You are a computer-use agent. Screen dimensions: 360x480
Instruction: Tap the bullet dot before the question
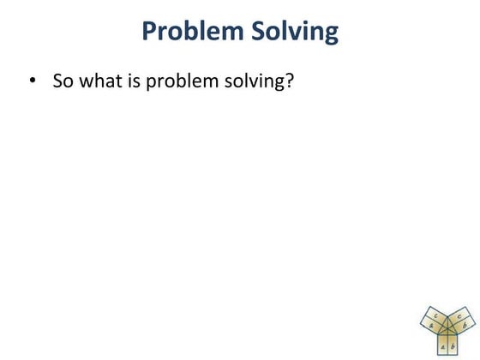[33, 81]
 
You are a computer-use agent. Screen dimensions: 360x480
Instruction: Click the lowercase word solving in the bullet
[256, 82]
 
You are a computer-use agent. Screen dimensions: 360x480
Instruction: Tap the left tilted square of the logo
[433, 321]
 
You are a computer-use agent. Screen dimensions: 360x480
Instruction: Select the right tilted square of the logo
[463, 321]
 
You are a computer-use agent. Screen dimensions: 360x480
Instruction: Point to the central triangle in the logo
[447, 328]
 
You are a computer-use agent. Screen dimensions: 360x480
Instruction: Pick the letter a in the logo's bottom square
[442, 346]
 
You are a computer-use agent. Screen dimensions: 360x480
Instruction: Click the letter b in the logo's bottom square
[453, 346]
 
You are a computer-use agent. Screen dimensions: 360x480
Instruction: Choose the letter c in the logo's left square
[435, 316]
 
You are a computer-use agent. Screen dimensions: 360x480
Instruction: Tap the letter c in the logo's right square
[460, 315]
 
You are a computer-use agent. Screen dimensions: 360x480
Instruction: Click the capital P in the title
[150, 32]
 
